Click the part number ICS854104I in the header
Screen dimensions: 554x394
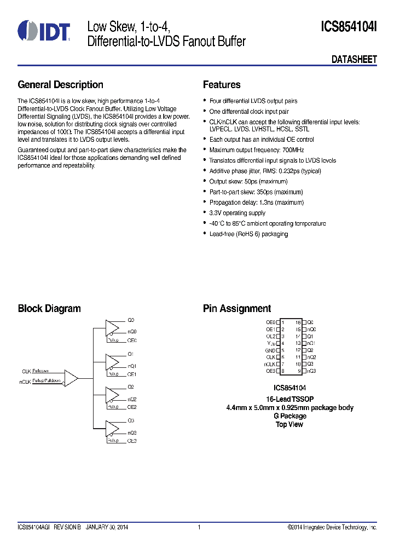point(349,27)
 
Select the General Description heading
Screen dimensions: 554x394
point(60,85)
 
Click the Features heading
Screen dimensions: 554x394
point(222,85)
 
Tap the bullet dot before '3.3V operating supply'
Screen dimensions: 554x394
point(205,213)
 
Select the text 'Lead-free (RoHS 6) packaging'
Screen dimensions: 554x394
point(248,234)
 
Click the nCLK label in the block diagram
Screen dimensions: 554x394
point(25,381)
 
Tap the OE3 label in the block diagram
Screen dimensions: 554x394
point(132,441)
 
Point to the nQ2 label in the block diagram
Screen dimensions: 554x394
point(132,400)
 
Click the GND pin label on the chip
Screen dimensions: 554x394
point(270,350)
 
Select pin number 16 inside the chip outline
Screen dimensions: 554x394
point(298,322)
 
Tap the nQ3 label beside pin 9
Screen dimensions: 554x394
point(311,371)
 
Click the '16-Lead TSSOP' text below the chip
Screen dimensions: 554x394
point(289,400)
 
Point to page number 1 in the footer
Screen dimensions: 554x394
point(199,527)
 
